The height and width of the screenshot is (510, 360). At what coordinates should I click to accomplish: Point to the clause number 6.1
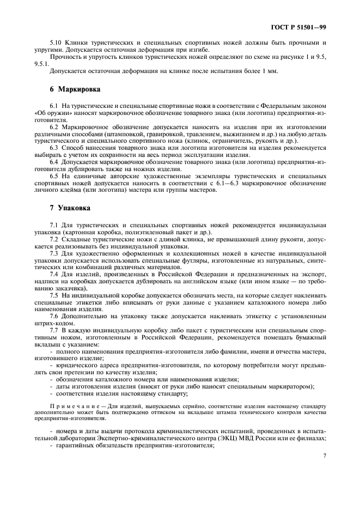pos(54,105)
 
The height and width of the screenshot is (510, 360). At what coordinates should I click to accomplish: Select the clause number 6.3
pos(54,148)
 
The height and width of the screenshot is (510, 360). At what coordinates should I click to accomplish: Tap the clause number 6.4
pos(54,162)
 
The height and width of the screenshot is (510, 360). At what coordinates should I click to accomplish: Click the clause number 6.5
pos(54,177)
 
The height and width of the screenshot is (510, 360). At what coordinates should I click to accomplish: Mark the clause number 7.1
pos(54,225)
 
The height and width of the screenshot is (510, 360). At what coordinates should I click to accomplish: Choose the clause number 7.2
pos(54,239)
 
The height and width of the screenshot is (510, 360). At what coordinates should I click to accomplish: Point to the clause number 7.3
pos(54,254)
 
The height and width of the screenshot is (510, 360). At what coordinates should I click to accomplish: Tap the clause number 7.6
pos(54,317)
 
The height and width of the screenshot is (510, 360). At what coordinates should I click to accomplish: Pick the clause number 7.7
pos(54,331)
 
